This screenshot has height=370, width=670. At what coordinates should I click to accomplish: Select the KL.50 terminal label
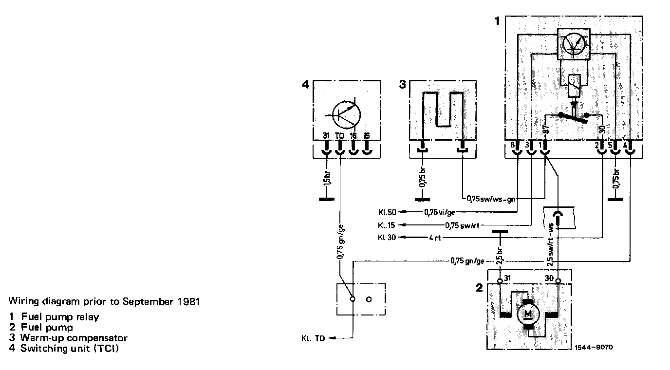click(388, 212)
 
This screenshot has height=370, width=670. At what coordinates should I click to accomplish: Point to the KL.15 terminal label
click(388, 225)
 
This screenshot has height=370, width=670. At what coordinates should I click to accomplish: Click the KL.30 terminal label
click(388, 238)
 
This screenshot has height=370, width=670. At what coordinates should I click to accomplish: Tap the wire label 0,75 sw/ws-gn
click(491, 199)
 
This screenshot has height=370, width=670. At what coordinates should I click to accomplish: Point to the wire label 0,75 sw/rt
click(458, 225)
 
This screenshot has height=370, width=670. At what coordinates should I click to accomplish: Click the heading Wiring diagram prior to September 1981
click(104, 301)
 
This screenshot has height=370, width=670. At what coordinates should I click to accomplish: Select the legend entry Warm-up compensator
click(74, 338)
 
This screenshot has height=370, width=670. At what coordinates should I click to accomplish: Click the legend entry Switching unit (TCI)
click(70, 349)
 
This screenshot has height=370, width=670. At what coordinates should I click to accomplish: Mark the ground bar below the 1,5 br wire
click(326, 200)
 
